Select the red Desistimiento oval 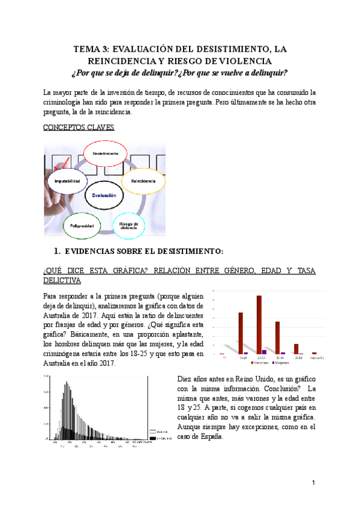(105, 154)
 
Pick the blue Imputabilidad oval (67, 181)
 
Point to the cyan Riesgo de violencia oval (129, 225)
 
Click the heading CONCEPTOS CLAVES (79, 128)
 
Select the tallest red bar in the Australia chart (259, 324)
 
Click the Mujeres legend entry (281, 363)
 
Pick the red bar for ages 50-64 (296, 349)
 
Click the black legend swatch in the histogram (152, 438)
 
